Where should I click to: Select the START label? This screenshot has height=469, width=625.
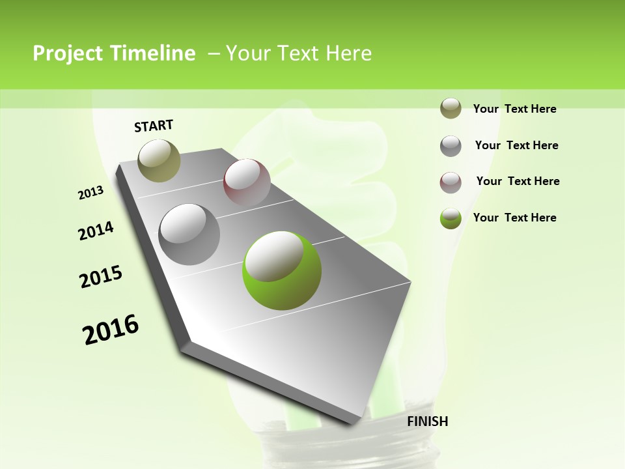coord(154,126)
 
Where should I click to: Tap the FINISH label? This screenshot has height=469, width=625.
coord(427,421)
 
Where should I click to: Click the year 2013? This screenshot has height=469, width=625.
coord(91,193)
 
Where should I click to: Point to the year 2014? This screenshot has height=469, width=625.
coord(96,231)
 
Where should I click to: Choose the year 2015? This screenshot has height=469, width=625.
coord(101,277)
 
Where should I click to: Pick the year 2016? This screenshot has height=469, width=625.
coord(111,330)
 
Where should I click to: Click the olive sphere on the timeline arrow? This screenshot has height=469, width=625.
coord(159,160)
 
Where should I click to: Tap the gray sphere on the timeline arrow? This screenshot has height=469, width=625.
coord(189,234)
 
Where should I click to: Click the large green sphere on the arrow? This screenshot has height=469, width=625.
coord(281,270)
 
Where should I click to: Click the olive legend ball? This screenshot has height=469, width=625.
coord(451,108)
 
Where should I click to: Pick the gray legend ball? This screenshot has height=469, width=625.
coord(451,145)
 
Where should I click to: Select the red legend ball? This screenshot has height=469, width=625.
coord(451,182)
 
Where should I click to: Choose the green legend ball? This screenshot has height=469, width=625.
coord(451,218)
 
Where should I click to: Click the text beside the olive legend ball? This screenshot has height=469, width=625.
coord(514,109)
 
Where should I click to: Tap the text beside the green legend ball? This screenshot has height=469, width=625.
coord(514,218)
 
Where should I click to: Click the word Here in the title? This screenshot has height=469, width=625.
coord(348,53)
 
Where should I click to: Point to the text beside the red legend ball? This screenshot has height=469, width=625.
coord(518,181)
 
